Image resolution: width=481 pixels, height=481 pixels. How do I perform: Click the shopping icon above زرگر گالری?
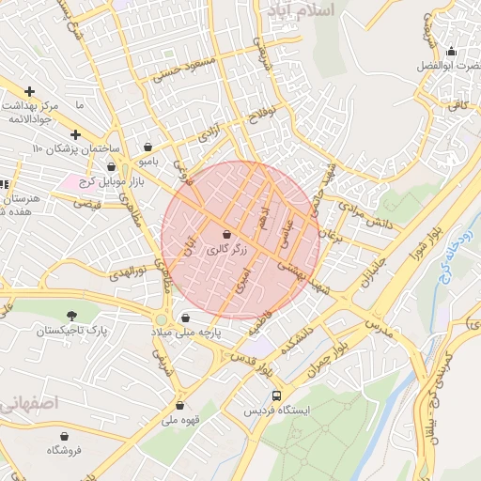(x=226, y=234)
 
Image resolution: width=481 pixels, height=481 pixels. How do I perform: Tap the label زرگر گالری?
(x=226, y=250)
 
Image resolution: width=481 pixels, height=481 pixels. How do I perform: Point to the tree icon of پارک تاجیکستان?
(x=72, y=317)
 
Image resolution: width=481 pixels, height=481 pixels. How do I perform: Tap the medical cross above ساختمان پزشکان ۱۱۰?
(x=75, y=135)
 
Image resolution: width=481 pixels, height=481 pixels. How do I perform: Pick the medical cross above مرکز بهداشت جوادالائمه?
(x=30, y=92)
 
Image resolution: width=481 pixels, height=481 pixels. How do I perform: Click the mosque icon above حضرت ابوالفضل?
(x=452, y=52)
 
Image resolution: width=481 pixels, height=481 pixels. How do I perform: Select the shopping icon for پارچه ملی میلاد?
(x=186, y=318)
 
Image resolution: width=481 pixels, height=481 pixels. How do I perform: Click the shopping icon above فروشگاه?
(x=65, y=436)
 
